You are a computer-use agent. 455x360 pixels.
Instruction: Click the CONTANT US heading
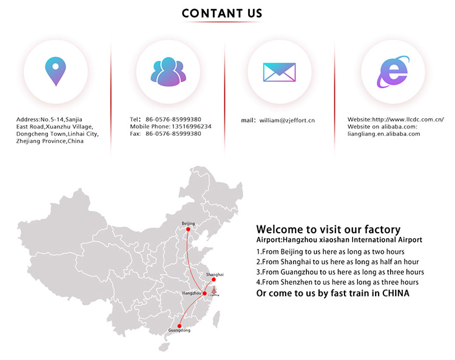click(222, 13)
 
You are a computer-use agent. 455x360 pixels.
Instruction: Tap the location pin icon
click(55, 71)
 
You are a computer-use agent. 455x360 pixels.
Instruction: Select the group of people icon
click(168, 72)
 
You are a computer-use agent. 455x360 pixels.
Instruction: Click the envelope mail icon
click(279, 72)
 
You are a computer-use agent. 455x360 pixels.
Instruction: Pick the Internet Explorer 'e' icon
click(393, 72)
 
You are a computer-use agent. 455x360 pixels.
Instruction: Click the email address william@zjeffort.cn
click(287, 120)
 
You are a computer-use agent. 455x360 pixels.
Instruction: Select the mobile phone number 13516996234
click(192, 127)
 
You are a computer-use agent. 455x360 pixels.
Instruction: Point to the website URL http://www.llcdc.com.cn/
click(408, 119)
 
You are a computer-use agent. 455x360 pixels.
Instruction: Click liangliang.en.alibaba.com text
click(384, 134)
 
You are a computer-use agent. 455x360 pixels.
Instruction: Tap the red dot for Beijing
click(188, 229)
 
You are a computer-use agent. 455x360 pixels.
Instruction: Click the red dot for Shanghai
click(214, 279)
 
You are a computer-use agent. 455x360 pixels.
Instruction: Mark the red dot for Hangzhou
click(204, 293)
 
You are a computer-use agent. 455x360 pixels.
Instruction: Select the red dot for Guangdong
click(180, 326)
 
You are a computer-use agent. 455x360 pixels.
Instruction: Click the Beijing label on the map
click(188, 224)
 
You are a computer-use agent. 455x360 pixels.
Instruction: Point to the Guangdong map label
click(180, 330)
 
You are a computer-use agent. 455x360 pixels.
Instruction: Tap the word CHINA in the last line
click(396, 293)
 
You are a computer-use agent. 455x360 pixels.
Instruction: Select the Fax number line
click(166, 133)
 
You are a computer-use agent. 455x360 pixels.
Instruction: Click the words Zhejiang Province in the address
click(41, 141)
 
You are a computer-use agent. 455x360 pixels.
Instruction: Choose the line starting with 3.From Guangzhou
click(340, 272)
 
